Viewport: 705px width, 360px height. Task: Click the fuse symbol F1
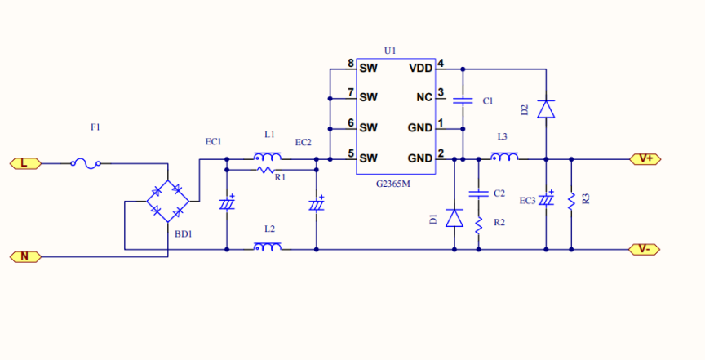[x=86, y=163]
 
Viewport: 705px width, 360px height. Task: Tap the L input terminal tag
[x=24, y=163]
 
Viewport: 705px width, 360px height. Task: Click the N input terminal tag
[x=24, y=256]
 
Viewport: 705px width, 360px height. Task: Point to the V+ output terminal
[x=644, y=158]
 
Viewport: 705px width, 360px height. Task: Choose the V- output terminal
[x=644, y=249]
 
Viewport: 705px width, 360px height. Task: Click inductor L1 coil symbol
[x=267, y=157]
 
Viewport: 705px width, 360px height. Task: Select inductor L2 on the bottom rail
[x=267, y=247]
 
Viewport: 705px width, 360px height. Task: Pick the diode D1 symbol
[x=454, y=217]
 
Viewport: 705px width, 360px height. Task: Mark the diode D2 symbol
[x=546, y=109]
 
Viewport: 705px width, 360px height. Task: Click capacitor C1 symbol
[x=463, y=100]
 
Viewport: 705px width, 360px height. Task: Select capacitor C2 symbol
[x=478, y=193]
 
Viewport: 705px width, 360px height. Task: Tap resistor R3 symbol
[x=572, y=198]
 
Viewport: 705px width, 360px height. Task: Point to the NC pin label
[x=424, y=97]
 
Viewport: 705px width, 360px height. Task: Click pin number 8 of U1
[x=350, y=64]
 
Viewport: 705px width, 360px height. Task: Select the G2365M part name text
[x=392, y=184]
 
